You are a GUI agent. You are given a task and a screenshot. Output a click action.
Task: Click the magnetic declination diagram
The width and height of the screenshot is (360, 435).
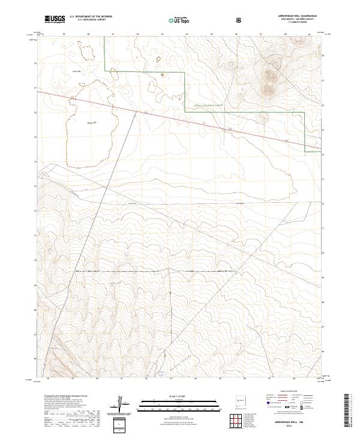click(x=124, y=403)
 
